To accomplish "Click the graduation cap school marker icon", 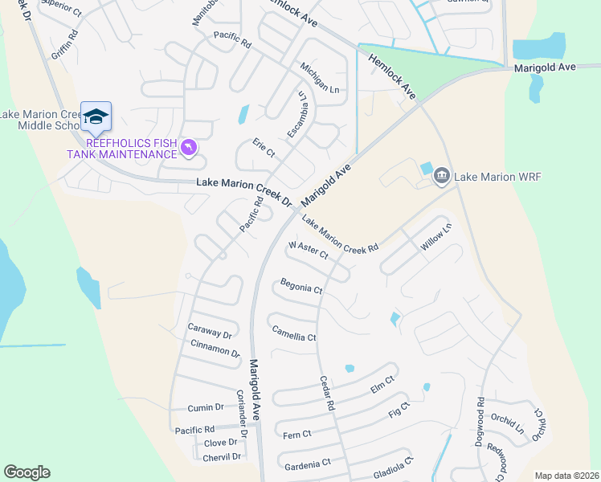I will pos(96,117).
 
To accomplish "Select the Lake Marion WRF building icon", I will pos(441,176).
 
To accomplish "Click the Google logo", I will pos(27,472).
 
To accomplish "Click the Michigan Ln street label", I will pos(320,77).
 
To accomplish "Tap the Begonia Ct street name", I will pos(301,285).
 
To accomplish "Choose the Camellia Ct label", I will pos(294,333).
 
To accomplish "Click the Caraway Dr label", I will pos(209,331).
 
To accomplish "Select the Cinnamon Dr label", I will pos(215,348).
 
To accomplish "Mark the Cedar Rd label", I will pos(326,394).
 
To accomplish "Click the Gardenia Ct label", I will pos(305,464).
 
